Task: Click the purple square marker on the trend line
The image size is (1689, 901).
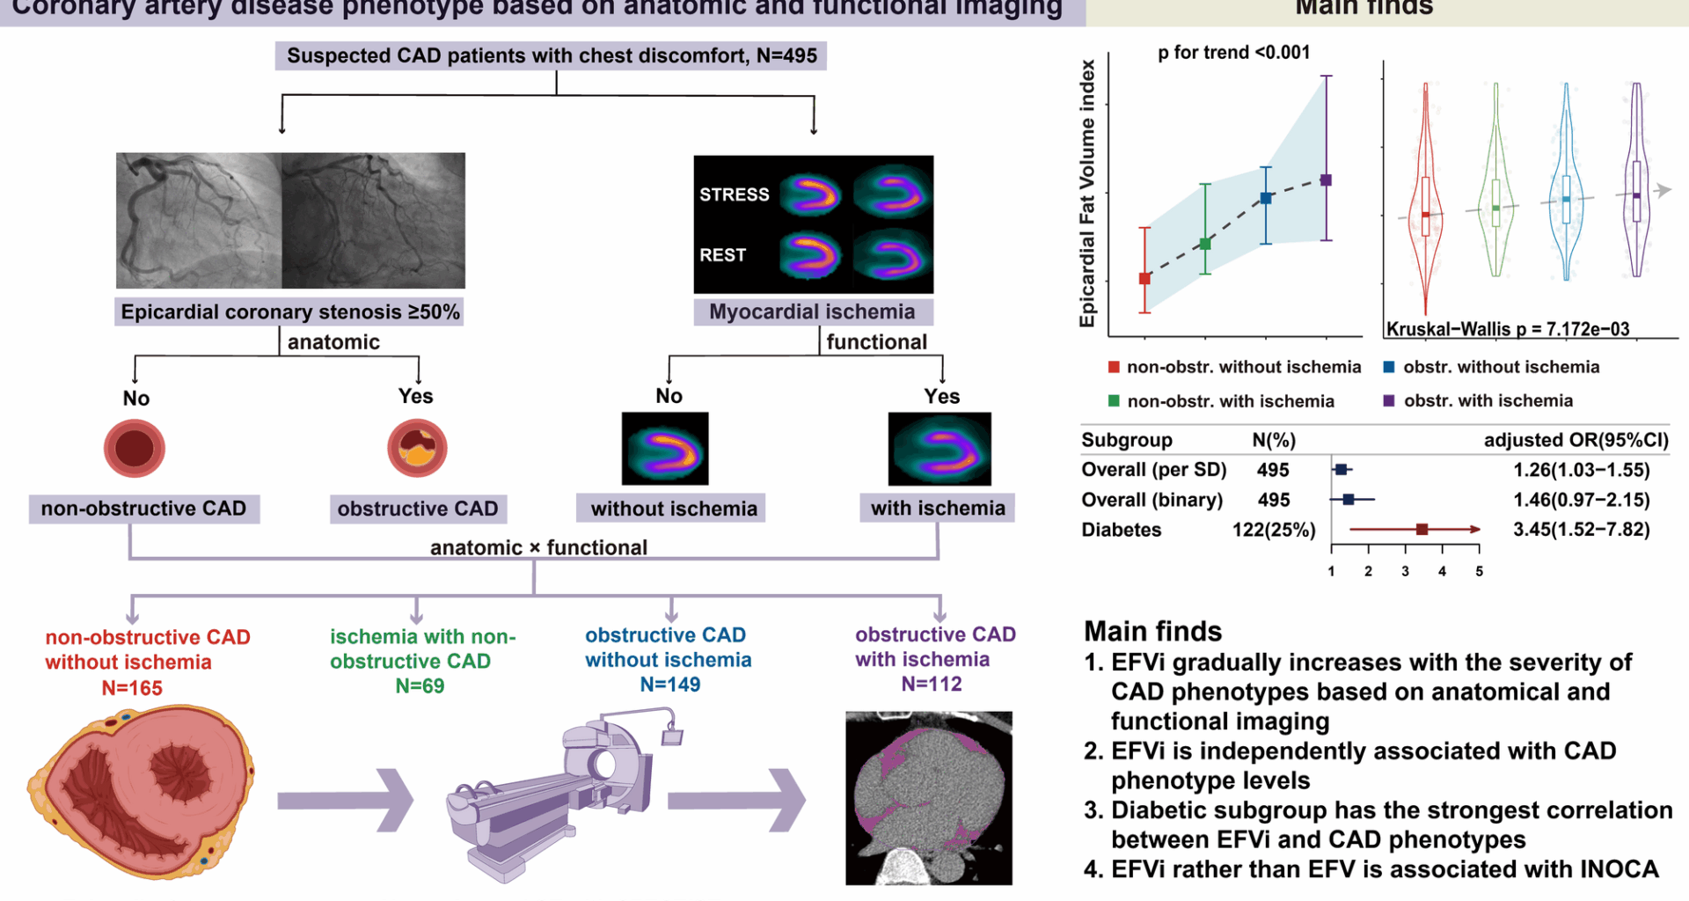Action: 1327,180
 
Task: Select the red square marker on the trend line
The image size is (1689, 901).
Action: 1144,279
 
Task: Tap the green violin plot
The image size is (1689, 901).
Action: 1495,185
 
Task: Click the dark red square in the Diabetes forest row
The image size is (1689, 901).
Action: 1422,529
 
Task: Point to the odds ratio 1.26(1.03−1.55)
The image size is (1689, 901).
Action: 1581,470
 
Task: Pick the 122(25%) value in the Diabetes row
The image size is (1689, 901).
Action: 1274,530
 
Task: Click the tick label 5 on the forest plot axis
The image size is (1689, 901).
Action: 1479,572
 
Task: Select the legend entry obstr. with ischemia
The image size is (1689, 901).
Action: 1488,401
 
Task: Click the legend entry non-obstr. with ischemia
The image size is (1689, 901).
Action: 1230,402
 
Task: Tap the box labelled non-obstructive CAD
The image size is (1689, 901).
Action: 144,509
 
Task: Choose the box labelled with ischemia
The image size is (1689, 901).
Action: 937,509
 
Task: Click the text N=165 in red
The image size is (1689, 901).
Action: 132,688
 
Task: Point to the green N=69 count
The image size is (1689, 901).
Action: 420,686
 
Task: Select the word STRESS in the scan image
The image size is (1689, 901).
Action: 734,194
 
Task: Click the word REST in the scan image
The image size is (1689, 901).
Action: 722,255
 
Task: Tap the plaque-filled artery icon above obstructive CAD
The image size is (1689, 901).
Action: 417,448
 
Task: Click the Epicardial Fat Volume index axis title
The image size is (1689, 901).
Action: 1088,194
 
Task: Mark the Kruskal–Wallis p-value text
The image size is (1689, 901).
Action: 1508,329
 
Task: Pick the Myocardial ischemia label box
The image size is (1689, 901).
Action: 812,312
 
